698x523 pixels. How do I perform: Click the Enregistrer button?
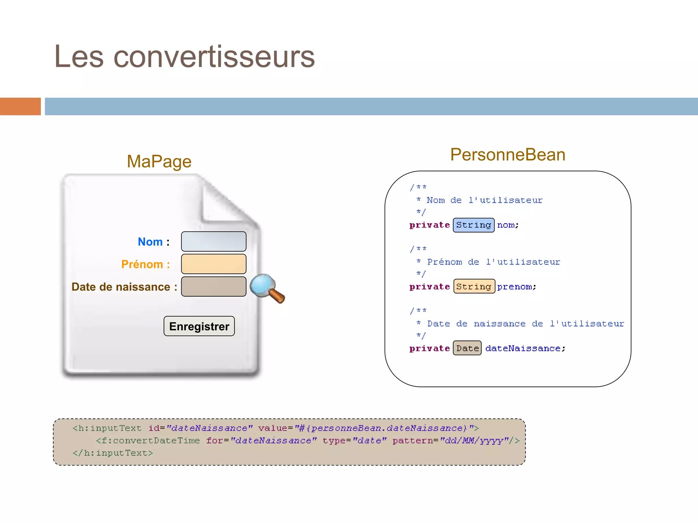pos(199,326)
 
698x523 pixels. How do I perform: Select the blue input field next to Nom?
pos(214,241)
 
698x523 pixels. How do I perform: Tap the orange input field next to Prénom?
pos(214,264)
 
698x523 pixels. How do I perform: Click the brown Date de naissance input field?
pos(214,286)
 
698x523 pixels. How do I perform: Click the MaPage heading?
pos(159,161)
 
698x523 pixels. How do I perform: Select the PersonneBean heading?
pos(508,155)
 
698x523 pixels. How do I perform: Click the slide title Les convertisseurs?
pos(184,57)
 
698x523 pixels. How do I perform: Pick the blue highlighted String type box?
pos(473,225)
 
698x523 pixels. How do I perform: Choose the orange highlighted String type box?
pos(474,287)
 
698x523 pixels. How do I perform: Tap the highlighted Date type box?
pos(467,348)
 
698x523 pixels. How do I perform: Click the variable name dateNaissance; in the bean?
pos(525,348)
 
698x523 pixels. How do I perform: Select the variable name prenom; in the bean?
pos(516,287)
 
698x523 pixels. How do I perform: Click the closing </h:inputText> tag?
pos(113,453)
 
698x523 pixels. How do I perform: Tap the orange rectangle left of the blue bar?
pos(20,107)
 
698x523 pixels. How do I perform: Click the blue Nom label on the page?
pos(150,242)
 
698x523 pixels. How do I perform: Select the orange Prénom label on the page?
pos(142,264)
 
